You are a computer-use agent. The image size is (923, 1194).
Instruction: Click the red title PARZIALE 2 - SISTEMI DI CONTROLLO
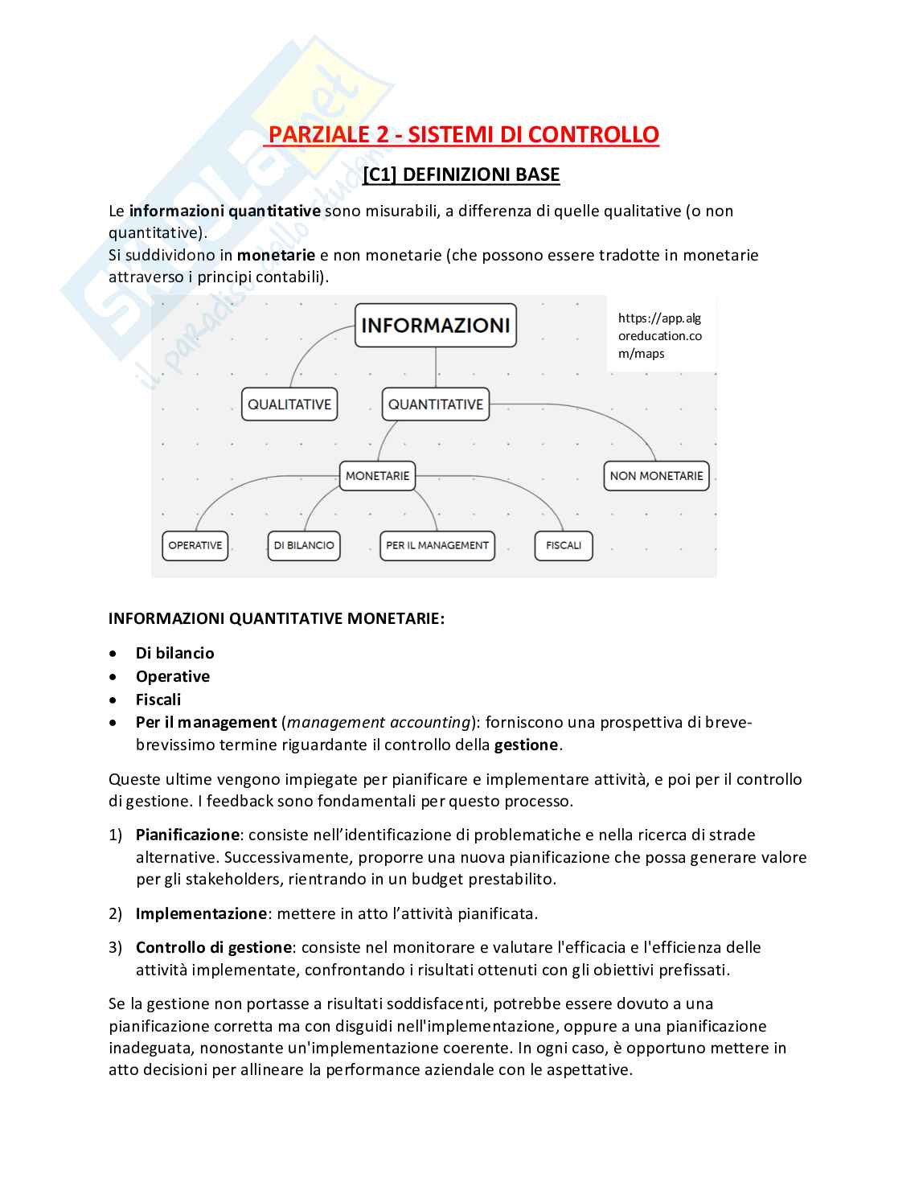pyautogui.click(x=463, y=134)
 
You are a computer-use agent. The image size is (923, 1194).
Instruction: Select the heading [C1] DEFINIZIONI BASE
pyautogui.click(x=461, y=174)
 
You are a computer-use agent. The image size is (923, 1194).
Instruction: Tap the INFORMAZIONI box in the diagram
pyautogui.click(x=436, y=325)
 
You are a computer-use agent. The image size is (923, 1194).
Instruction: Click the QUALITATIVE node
pyautogui.click(x=289, y=404)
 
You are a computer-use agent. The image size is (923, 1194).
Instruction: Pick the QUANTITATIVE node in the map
pyautogui.click(x=436, y=404)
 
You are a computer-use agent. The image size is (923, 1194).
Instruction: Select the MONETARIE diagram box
pyautogui.click(x=377, y=476)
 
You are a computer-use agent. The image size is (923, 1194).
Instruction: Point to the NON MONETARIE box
pyautogui.click(x=656, y=476)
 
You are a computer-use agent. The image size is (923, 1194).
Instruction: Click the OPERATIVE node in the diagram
pyautogui.click(x=195, y=545)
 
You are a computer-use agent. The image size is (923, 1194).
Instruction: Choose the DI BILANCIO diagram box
pyautogui.click(x=304, y=545)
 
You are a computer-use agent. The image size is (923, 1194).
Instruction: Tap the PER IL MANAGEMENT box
pyautogui.click(x=437, y=545)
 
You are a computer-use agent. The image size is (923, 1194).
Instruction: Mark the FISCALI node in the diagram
pyautogui.click(x=564, y=545)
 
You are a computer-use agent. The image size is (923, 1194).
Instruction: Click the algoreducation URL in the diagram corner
pyautogui.click(x=659, y=336)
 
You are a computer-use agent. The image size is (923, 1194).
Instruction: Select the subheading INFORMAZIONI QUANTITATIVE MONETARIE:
pyautogui.click(x=277, y=618)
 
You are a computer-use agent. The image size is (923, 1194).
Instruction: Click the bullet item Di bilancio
pyautogui.click(x=174, y=653)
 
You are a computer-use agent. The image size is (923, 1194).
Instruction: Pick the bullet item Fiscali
pyautogui.click(x=158, y=700)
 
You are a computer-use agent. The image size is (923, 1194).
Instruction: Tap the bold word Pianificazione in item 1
pyautogui.click(x=187, y=835)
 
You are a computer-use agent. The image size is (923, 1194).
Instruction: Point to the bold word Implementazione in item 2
pyautogui.click(x=201, y=913)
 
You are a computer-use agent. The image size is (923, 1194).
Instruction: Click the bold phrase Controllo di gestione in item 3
pyautogui.click(x=214, y=947)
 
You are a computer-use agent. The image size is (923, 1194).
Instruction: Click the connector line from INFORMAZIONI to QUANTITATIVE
pyautogui.click(x=436, y=368)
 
